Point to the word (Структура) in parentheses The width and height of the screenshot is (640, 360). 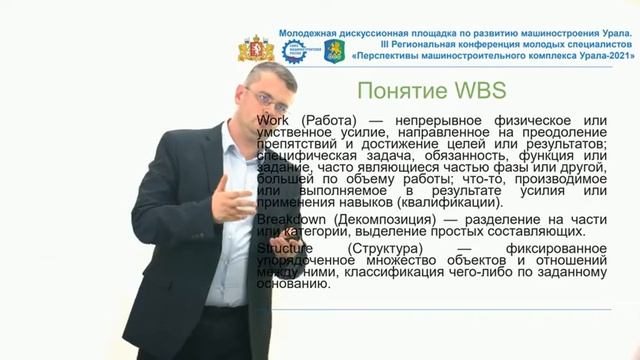[385, 247]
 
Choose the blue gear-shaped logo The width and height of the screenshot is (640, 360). [295, 51]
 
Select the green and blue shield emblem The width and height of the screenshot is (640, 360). [333, 50]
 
